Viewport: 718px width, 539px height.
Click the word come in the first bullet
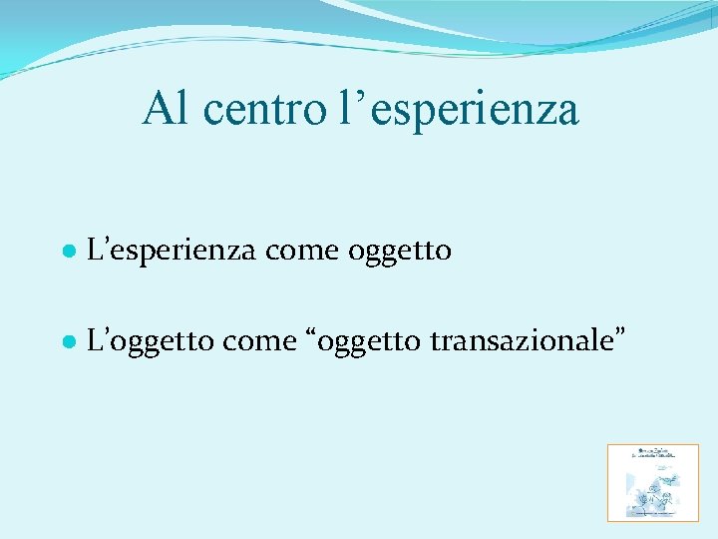click(x=303, y=251)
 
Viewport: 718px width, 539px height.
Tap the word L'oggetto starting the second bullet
click(x=150, y=342)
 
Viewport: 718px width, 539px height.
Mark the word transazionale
click(x=520, y=341)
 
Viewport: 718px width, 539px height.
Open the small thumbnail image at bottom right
click(x=653, y=483)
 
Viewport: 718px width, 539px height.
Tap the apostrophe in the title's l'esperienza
click(x=352, y=96)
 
